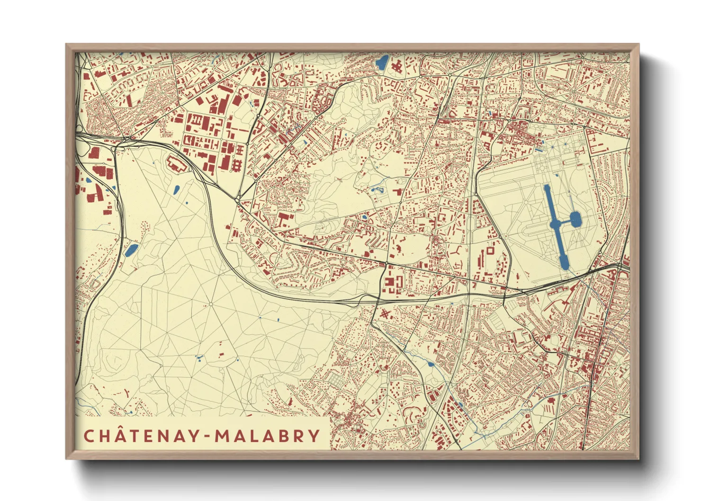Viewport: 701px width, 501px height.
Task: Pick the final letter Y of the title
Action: (x=314, y=436)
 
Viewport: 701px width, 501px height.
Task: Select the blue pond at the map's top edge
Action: (x=382, y=62)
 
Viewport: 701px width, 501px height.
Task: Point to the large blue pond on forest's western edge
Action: (x=131, y=250)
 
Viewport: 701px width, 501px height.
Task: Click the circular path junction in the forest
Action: (x=210, y=304)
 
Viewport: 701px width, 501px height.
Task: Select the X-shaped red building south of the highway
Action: (x=384, y=314)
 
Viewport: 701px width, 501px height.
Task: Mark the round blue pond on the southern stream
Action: (x=430, y=364)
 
